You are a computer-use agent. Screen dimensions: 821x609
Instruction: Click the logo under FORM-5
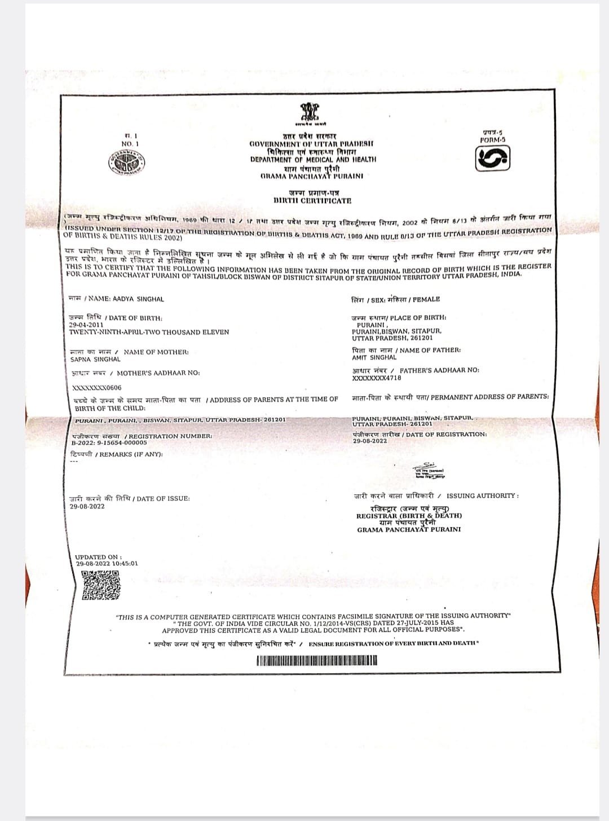point(492,158)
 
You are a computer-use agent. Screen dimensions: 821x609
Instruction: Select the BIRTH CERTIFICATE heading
point(312,200)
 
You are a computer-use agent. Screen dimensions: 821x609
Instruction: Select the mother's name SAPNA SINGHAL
point(95,359)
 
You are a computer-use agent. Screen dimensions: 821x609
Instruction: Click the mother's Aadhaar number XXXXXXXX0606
point(97,388)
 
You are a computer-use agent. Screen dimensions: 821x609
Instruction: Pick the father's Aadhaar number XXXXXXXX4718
point(377,378)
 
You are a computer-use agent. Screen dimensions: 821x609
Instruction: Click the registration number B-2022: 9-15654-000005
point(109,443)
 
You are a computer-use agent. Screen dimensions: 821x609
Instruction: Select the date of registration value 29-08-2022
point(370,441)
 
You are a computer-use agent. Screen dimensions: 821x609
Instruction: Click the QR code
point(101,585)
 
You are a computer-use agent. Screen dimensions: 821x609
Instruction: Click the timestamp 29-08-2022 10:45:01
point(107,563)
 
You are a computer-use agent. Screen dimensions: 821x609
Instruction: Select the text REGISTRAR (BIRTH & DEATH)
point(409,516)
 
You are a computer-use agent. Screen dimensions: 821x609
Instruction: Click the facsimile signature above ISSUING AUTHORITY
point(430,471)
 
